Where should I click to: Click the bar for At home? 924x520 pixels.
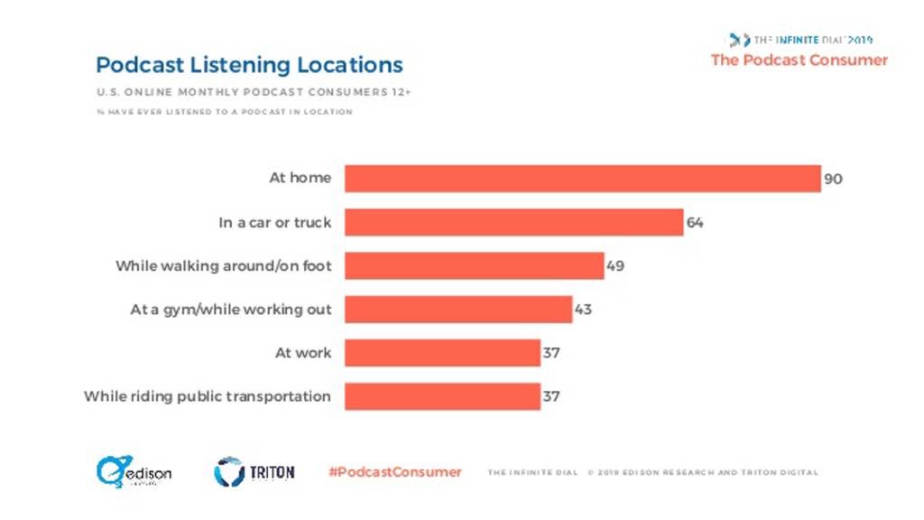pyautogui.click(x=582, y=179)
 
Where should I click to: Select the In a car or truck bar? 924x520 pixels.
pyautogui.click(x=513, y=222)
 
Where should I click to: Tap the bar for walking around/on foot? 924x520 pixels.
pyautogui.click(x=474, y=265)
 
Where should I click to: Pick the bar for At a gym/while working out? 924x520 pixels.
pyautogui.click(x=458, y=309)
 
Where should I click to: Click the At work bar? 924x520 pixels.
pyautogui.click(x=442, y=352)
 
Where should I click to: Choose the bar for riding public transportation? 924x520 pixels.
pyautogui.click(x=442, y=395)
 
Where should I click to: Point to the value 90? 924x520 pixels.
pyautogui.click(x=833, y=179)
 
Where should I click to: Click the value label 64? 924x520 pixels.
pyautogui.click(x=695, y=222)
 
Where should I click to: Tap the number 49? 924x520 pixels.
pyautogui.click(x=615, y=265)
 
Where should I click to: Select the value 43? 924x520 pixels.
pyautogui.click(x=584, y=309)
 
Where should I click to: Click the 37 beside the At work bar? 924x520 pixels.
pyautogui.click(x=551, y=352)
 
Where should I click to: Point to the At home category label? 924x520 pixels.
pyautogui.click(x=300, y=179)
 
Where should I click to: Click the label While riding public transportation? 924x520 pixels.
pyautogui.click(x=208, y=395)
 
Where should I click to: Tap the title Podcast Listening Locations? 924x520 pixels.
pyautogui.click(x=249, y=65)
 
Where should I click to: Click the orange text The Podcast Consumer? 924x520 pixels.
pyautogui.click(x=799, y=60)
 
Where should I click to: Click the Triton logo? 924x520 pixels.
pyautogui.click(x=254, y=471)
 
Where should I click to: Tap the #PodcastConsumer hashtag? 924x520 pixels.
pyautogui.click(x=395, y=472)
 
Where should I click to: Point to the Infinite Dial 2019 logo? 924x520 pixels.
pyautogui.click(x=800, y=40)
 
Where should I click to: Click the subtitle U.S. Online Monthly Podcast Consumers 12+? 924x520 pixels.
pyautogui.click(x=254, y=92)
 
